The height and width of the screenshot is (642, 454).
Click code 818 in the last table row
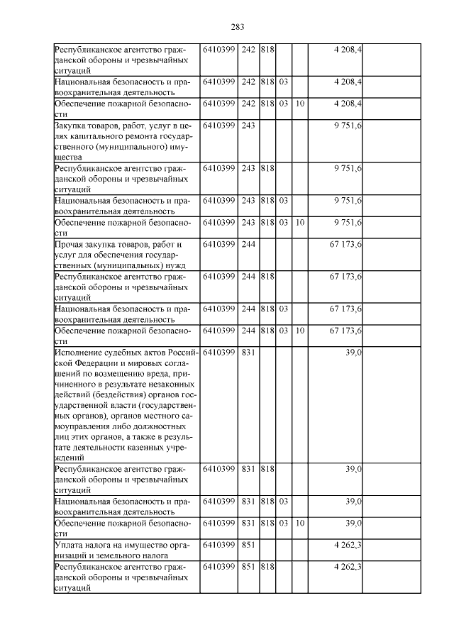tap(267, 568)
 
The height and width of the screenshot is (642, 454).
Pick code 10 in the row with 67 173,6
tap(300, 331)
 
